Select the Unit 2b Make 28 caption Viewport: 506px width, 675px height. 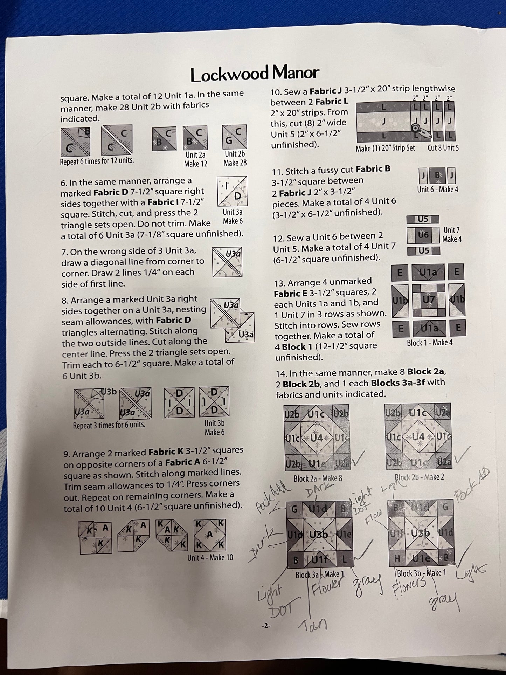click(x=235, y=158)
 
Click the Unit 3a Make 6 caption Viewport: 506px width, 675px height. click(x=233, y=216)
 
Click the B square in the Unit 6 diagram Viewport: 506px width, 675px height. click(x=437, y=175)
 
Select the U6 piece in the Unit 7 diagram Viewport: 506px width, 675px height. click(x=423, y=235)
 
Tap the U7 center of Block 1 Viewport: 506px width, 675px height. click(x=428, y=300)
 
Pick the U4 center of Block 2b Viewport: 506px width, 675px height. click(x=418, y=436)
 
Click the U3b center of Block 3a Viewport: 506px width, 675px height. click(x=318, y=535)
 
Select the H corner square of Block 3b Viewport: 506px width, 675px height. click(x=397, y=559)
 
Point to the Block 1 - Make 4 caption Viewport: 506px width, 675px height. click(x=430, y=343)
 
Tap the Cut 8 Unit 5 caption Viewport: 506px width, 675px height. click(x=443, y=147)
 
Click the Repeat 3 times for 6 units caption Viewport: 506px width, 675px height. click(x=109, y=425)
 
